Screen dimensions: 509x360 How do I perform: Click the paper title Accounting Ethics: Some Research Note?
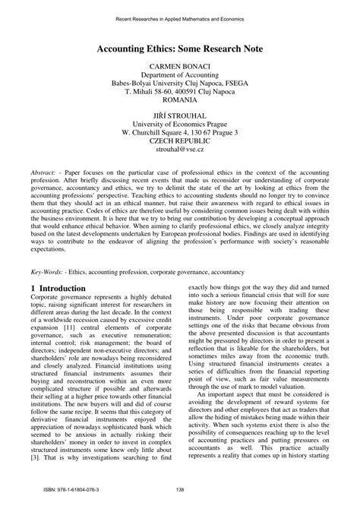[x=179, y=49]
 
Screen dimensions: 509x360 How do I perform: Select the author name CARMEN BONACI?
[x=179, y=68]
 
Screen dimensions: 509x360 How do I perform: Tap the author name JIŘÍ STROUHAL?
[x=179, y=115]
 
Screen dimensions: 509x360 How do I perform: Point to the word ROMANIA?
[x=179, y=99]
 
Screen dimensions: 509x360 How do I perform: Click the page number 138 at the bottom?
[x=180, y=489]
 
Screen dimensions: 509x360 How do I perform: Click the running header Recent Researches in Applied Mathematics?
[x=179, y=17]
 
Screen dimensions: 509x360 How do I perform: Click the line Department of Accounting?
[x=179, y=78]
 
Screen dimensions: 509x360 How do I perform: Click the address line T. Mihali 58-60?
[x=179, y=89]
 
